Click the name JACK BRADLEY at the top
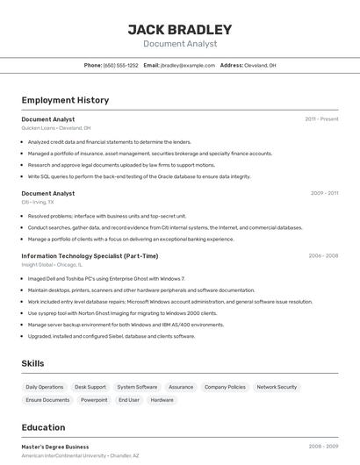180,30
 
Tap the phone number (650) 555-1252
120,65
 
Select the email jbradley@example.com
187,65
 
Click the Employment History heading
65,100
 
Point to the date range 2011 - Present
321,118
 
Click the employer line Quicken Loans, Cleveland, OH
56,128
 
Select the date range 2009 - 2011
324,193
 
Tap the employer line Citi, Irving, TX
38,202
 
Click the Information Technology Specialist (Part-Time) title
90,255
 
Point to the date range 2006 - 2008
323,255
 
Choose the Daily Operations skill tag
45,387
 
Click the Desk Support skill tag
90,387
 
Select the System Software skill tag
137,387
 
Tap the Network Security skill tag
277,387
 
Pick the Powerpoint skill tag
94,400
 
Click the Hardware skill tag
162,400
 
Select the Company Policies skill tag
225,387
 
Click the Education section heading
43,427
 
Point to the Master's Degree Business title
55,447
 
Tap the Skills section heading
32,363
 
